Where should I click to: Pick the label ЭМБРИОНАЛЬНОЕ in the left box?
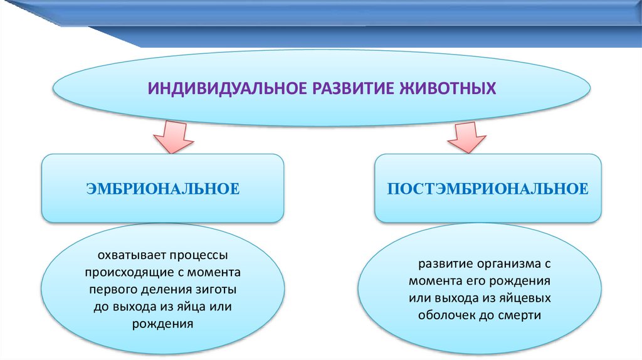point(164,188)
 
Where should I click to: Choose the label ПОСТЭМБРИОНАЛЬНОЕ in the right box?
point(488,188)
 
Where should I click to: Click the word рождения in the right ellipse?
point(523,281)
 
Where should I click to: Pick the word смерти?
point(520,315)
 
